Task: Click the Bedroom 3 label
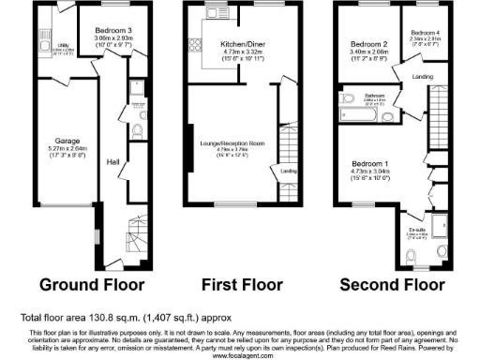pos(113,30)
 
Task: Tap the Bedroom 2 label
pos(368,44)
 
